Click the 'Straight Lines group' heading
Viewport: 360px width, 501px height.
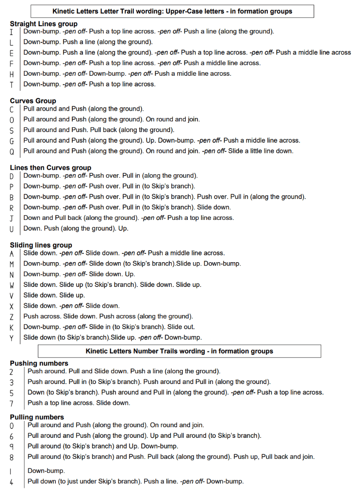[x=44, y=24]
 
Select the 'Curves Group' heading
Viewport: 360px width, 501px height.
[x=33, y=101]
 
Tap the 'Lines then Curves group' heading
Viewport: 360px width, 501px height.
[x=50, y=168]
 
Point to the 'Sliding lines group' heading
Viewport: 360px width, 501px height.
[x=41, y=245]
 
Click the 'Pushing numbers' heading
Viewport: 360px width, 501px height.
[x=39, y=363]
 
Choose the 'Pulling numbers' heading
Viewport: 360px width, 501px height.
[x=36, y=417]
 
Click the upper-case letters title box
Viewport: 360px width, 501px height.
[x=172, y=11]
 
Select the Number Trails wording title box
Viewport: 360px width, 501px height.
[x=179, y=351]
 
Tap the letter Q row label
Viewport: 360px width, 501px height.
[x=11, y=151]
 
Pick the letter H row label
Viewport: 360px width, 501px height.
[x=11, y=74]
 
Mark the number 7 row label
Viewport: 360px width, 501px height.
[x=11, y=403]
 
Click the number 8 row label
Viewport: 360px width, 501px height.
[x=11, y=457]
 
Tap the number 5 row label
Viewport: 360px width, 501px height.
[x=11, y=393]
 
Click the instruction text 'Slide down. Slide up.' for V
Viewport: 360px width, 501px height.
[x=54, y=295]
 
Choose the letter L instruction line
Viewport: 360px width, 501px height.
[x=88, y=42]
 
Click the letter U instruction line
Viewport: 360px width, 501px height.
[x=76, y=228]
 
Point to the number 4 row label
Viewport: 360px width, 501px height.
[x=11, y=482]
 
